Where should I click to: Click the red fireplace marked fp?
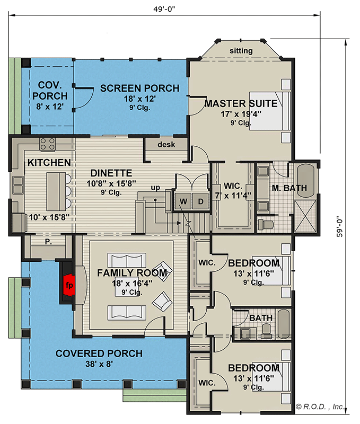[x=69, y=285]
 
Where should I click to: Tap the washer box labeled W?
[x=183, y=201]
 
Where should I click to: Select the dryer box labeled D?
[x=200, y=201]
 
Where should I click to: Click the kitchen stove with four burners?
[x=48, y=144]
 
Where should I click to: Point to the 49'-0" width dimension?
[x=164, y=9]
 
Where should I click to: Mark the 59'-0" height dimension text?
[x=339, y=226]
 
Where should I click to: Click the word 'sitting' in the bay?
[x=241, y=50]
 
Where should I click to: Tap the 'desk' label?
[x=166, y=144]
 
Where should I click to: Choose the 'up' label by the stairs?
[x=155, y=188]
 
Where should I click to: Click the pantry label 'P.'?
[x=48, y=242]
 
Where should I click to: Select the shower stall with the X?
[x=305, y=216]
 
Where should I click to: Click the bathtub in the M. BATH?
[x=305, y=181]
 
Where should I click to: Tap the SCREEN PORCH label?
[x=139, y=88]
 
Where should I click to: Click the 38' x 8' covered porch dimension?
[x=99, y=364]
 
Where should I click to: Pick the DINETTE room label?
[x=111, y=173]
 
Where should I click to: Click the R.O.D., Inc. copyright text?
[x=320, y=407]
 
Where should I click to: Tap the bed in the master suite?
[x=270, y=111]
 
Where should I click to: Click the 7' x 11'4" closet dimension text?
[x=233, y=195]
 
